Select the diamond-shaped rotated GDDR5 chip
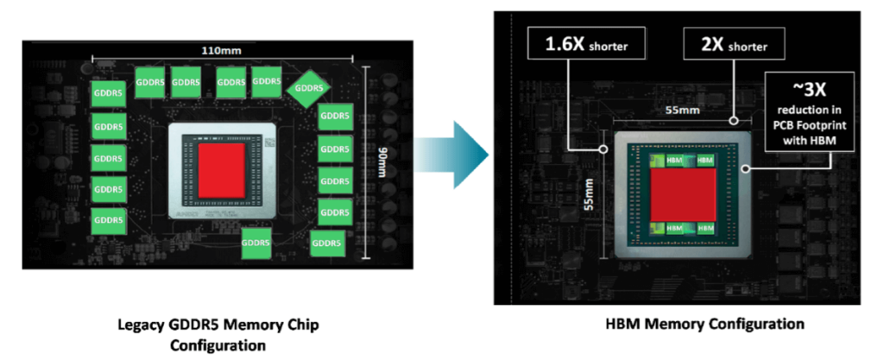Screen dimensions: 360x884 (x=310, y=87)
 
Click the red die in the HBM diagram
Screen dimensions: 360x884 (x=683, y=193)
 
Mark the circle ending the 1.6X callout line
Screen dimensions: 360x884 (x=603, y=148)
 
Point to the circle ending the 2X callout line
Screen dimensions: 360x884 (x=734, y=122)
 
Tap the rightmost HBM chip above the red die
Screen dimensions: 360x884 (x=705, y=161)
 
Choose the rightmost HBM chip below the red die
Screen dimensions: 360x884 (x=705, y=228)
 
